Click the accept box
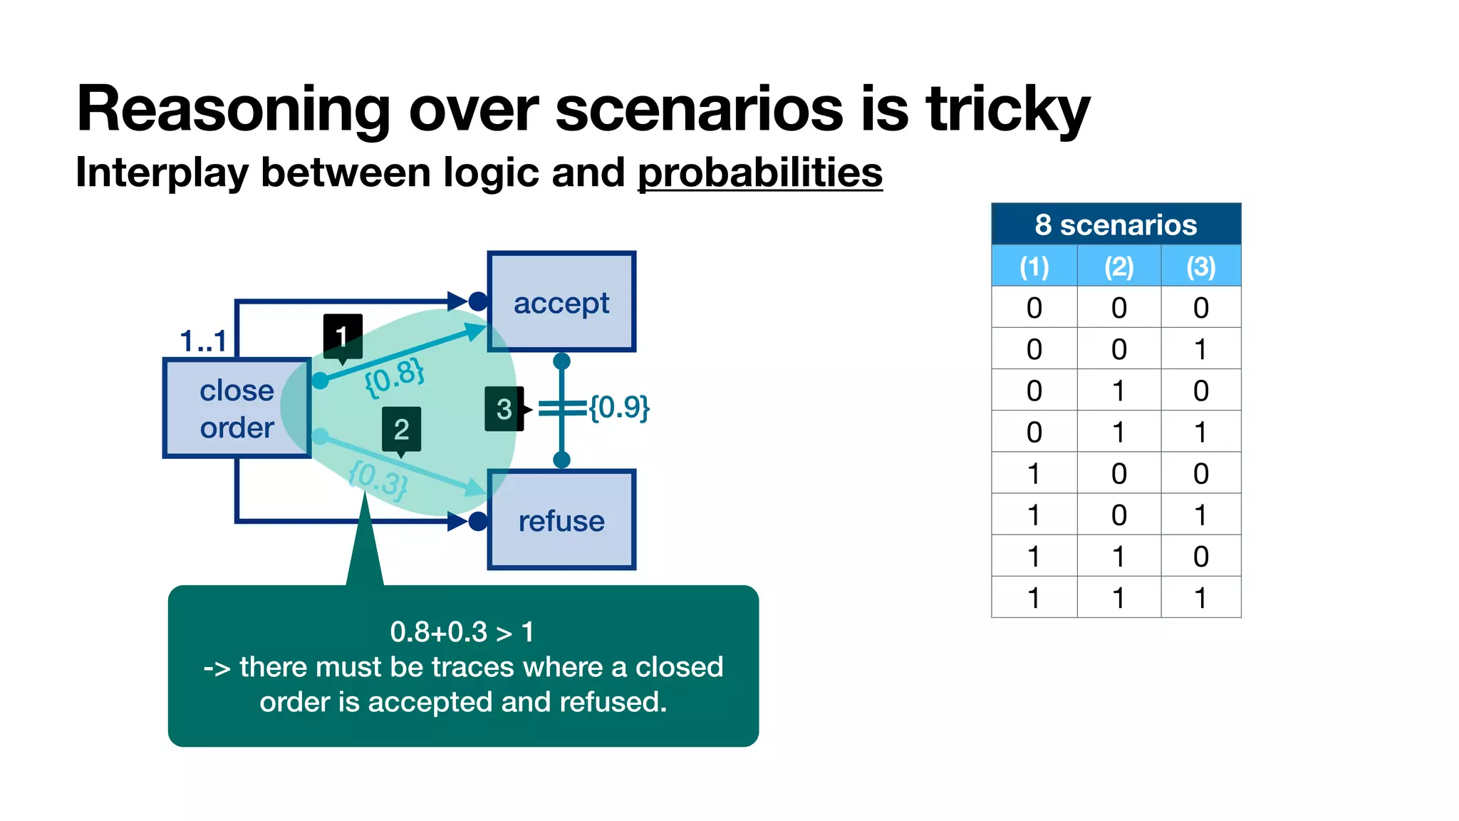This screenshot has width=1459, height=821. tap(561, 302)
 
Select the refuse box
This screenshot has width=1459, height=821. tap(561, 520)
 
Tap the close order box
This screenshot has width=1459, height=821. tap(237, 408)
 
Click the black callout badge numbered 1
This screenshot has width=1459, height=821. tap(343, 336)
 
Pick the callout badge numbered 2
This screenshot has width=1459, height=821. tap(401, 429)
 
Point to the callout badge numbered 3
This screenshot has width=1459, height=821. tap(504, 409)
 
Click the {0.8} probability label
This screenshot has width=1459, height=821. tap(394, 377)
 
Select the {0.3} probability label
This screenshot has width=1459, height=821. tap(378, 480)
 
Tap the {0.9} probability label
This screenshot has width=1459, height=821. tap(619, 408)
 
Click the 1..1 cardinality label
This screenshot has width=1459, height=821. tap(203, 341)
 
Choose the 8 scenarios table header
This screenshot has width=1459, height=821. tap(1116, 224)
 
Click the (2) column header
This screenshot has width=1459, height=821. tap(1118, 267)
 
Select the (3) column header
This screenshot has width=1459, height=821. tap(1200, 267)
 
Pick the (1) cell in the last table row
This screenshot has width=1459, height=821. tap(1034, 597)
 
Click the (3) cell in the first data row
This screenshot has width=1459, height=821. tap(1200, 308)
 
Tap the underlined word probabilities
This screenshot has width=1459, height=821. tap(759, 173)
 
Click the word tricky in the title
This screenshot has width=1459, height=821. tap(1007, 110)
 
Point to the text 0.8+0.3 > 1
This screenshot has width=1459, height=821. tap(462, 632)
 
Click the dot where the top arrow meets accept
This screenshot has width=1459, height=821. tap(478, 301)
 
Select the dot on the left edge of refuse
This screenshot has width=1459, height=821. tap(478, 522)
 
